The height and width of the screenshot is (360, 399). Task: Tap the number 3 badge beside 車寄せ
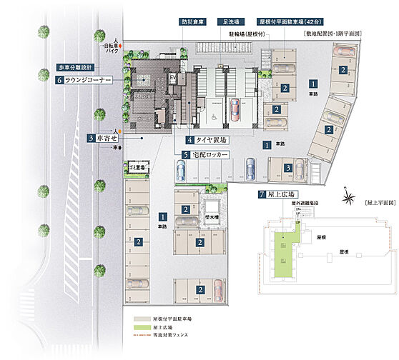pyautogui.click(x=92, y=137)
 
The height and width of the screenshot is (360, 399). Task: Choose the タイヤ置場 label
pyautogui.click(x=209, y=140)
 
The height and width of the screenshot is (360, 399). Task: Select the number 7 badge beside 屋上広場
pyautogui.click(x=262, y=194)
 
